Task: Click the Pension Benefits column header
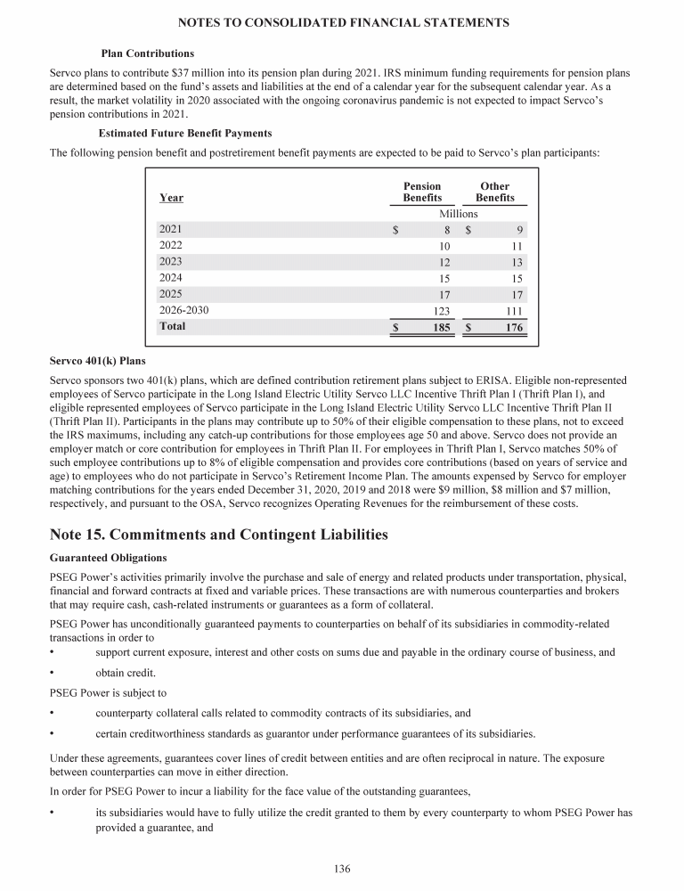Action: coord(422,192)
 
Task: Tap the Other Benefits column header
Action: coord(494,192)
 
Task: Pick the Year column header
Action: coord(171,197)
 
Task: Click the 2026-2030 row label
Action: coord(183,310)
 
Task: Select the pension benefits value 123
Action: coord(440,311)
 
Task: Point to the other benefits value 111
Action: coord(512,311)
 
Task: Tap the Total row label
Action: coord(173,327)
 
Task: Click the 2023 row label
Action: coord(170,261)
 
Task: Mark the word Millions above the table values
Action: coord(459,214)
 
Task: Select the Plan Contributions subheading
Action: coord(148,53)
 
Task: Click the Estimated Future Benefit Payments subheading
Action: coord(185,133)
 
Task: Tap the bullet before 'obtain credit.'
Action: coord(53,672)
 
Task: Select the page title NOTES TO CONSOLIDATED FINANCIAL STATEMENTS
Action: coord(344,22)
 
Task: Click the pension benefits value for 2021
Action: coord(447,229)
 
